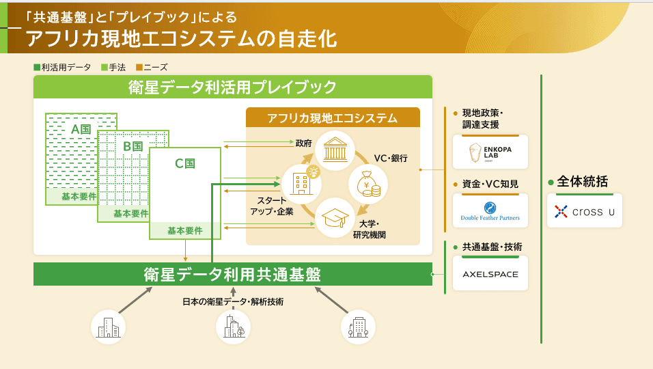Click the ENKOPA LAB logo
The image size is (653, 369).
pyautogui.click(x=490, y=152)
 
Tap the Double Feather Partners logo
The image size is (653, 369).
pyautogui.click(x=490, y=211)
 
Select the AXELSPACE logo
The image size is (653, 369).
pyautogui.click(x=490, y=274)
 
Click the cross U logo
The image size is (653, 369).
pyautogui.click(x=584, y=211)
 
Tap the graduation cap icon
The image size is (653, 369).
pyautogui.click(x=335, y=217)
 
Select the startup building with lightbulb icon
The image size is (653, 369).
pyautogui.click(x=301, y=183)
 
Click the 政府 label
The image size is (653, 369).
pyautogui.click(x=304, y=144)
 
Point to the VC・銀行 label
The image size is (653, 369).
pyautogui.click(x=391, y=158)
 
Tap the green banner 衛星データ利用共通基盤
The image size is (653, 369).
pyautogui.click(x=232, y=274)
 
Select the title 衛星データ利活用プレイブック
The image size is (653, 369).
pyautogui.click(x=232, y=87)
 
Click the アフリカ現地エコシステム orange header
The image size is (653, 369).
pyautogui.click(x=333, y=118)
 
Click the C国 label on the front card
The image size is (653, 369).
pyautogui.click(x=185, y=163)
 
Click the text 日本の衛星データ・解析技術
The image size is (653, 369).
pyautogui.click(x=232, y=301)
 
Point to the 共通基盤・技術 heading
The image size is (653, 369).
pyautogui.click(x=487, y=247)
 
